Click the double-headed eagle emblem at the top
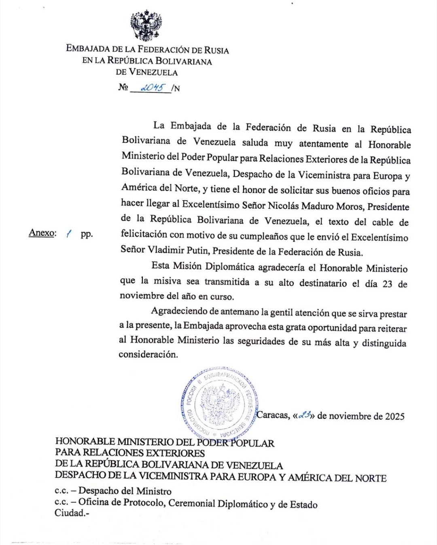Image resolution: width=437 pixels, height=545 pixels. click(x=146, y=26)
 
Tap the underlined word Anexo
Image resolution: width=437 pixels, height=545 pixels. click(x=42, y=233)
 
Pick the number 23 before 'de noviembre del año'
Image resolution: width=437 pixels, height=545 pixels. click(x=387, y=284)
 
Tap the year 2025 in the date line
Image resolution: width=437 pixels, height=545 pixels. click(x=395, y=417)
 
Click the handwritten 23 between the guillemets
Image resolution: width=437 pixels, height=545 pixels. click(x=304, y=415)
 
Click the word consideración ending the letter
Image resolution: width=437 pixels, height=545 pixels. click(x=148, y=355)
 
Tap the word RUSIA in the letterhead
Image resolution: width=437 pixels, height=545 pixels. click(x=216, y=50)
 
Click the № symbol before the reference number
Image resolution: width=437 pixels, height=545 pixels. click(x=123, y=87)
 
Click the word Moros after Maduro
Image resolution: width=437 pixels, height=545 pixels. click(x=352, y=207)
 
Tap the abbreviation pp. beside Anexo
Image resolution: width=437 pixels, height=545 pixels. click(x=87, y=234)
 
